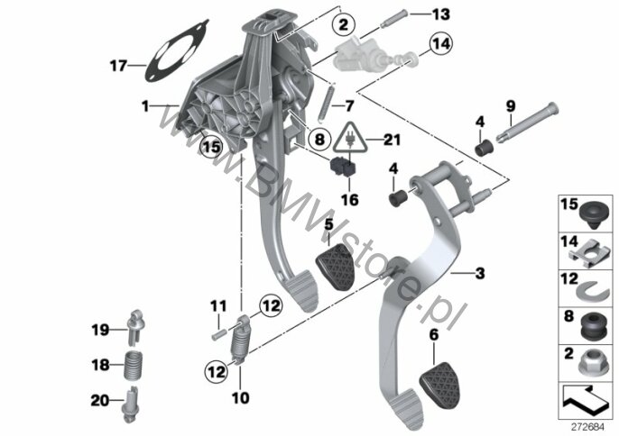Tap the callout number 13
(440, 14)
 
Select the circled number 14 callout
(440, 44)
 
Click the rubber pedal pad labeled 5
(335, 267)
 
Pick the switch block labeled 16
(343, 168)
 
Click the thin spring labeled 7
(326, 103)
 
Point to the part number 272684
(588, 427)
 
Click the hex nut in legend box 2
(592, 365)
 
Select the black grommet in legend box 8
(594, 328)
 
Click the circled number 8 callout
(319, 139)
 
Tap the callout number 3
(480, 273)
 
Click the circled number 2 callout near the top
(343, 25)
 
